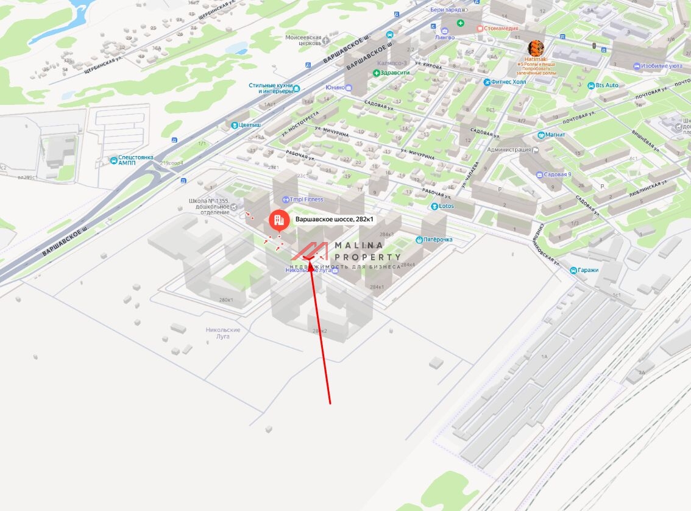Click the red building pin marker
click(x=279, y=220)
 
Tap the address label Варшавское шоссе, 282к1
click(x=334, y=220)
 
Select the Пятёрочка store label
click(x=438, y=240)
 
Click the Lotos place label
click(x=445, y=206)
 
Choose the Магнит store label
click(x=555, y=135)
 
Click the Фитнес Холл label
click(x=508, y=82)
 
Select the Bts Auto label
click(x=606, y=85)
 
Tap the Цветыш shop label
click(x=249, y=125)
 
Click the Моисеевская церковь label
click(x=303, y=40)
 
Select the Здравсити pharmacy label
click(x=394, y=73)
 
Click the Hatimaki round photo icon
click(x=536, y=48)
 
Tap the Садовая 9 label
click(x=557, y=174)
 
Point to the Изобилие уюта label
click(x=661, y=66)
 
